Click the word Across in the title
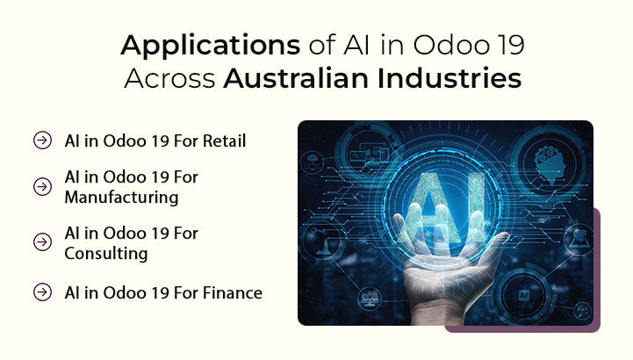tap(170, 78)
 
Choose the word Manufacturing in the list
tap(121, 198)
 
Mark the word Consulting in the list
tap(106, 254)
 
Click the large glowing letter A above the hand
tap(426, 198)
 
